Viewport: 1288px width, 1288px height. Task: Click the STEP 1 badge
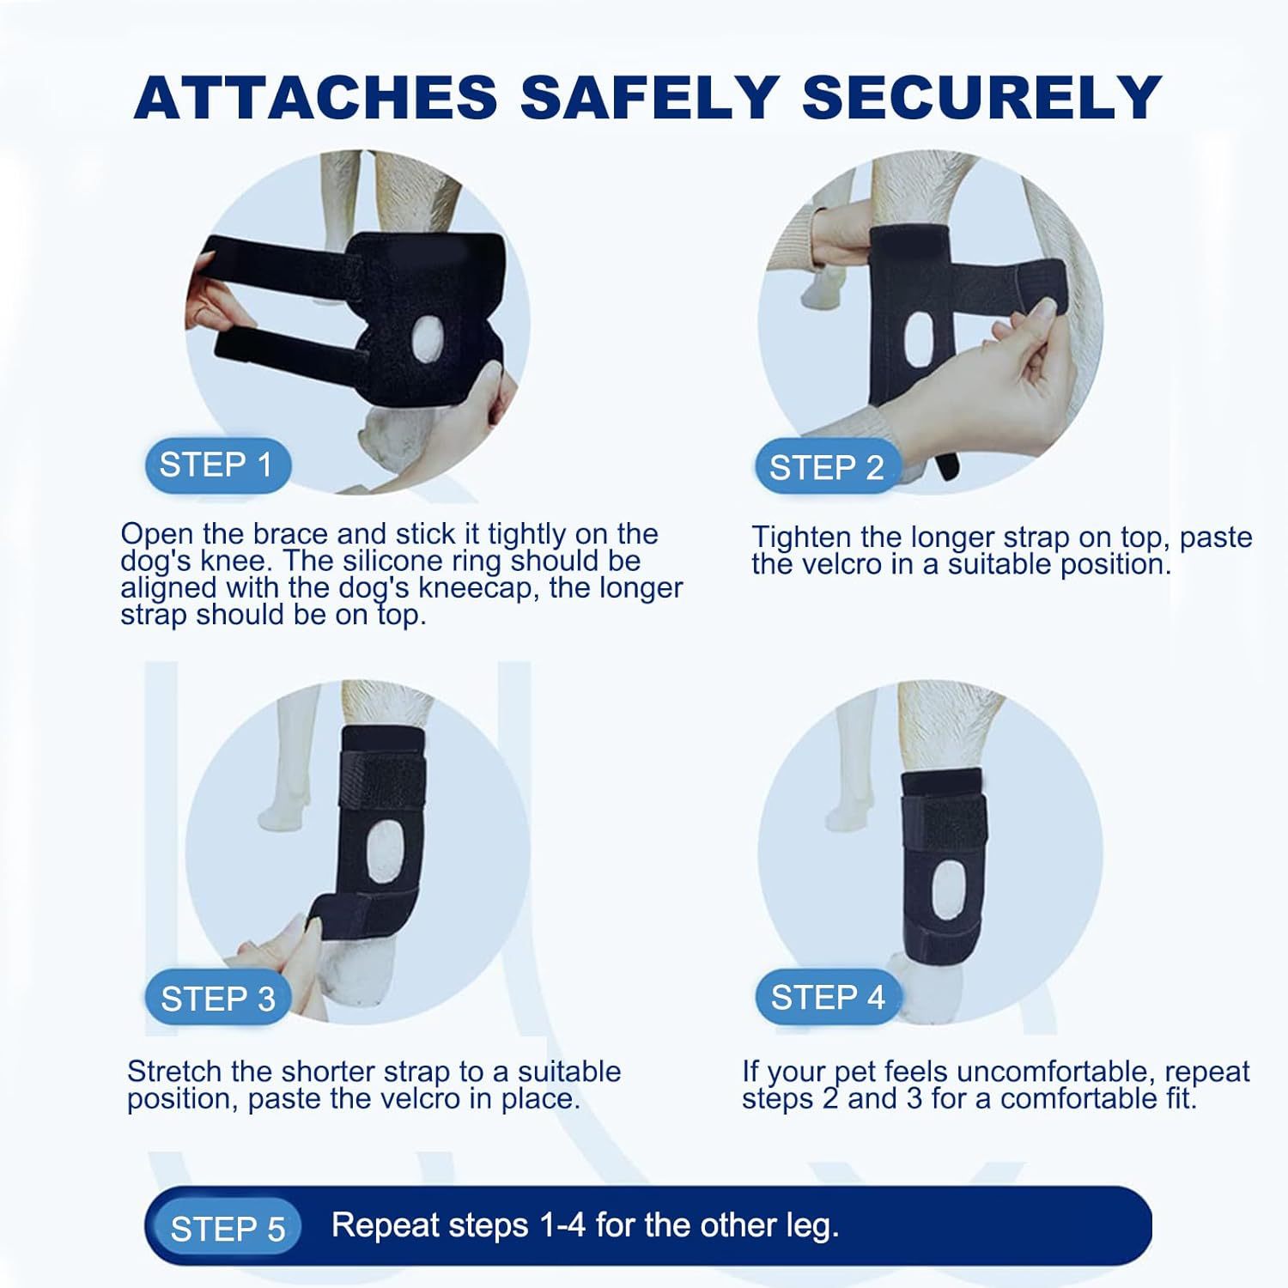point(217,465)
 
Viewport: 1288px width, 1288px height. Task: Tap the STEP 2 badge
point(826,468)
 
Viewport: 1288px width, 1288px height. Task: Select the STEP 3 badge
point(218,999)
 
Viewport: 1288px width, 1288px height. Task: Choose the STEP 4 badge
point(828,998)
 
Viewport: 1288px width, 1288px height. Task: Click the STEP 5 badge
point(228,1229)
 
